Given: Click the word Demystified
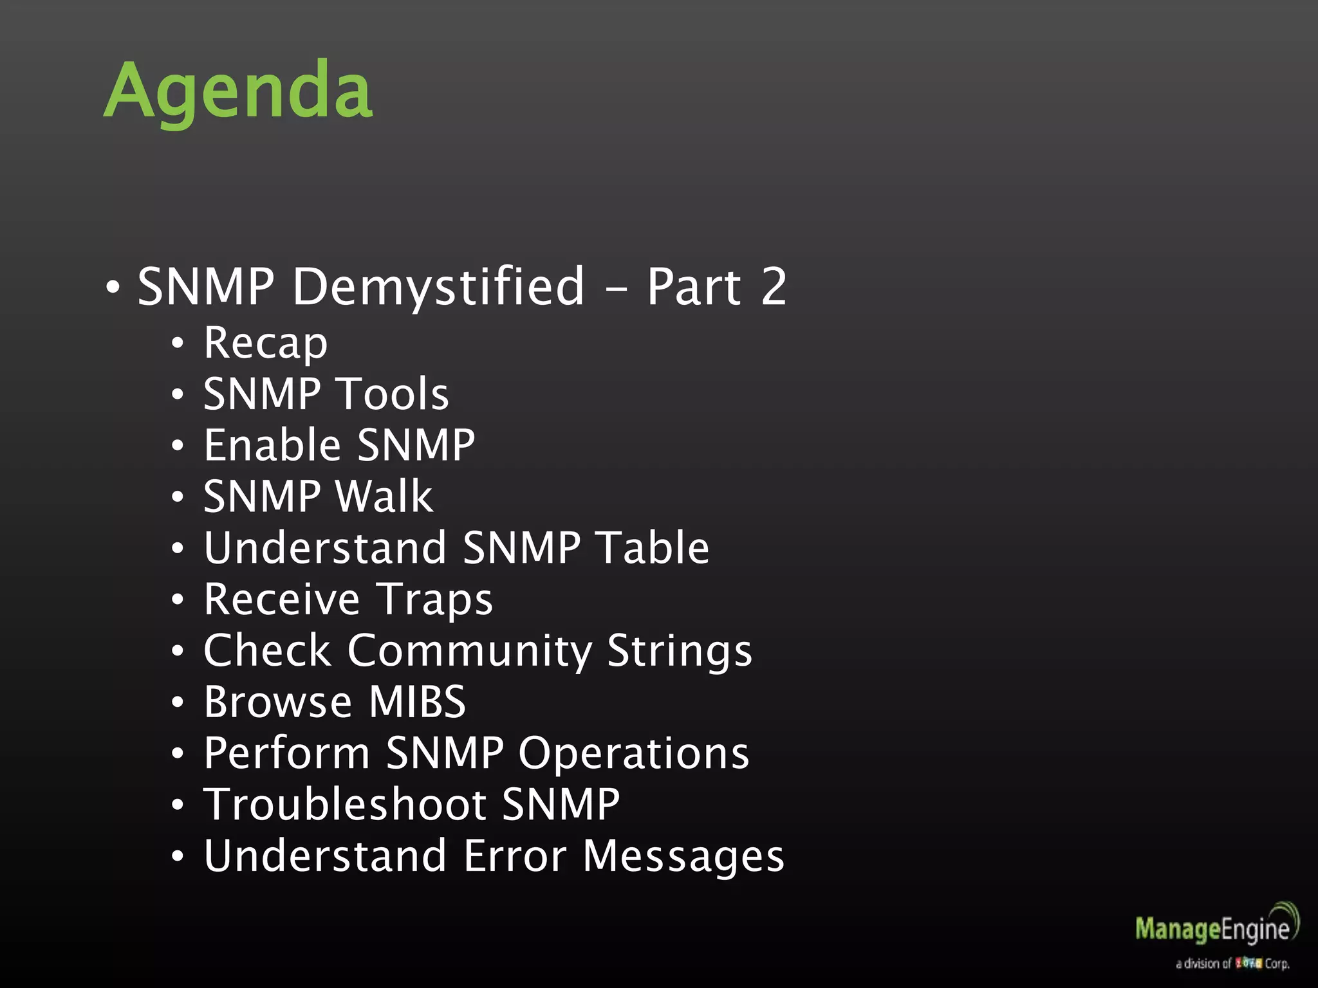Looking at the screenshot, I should tap(438, 287).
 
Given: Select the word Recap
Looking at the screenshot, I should tap(265, 343).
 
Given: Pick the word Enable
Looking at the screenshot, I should tap(272, 445).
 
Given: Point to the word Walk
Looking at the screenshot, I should tap(384, 497).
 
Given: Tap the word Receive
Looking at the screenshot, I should tap(281, 599).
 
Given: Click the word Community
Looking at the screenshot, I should tap(469, 651).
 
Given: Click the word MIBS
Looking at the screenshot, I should tap(418, 702).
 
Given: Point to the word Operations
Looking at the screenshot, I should tap(634, 754).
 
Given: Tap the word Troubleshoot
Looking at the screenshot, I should tap(345, 805).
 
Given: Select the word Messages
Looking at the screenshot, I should tap(683, 857).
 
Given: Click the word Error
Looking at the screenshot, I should tap(515, 856).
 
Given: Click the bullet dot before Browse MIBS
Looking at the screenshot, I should tap(178, 702).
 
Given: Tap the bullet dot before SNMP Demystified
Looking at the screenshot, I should tap(113, 288).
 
